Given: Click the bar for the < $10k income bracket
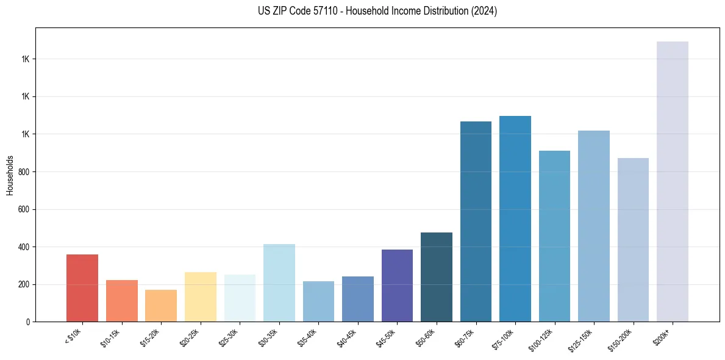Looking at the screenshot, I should (82, 288).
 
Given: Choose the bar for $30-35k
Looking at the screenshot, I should (279, 283).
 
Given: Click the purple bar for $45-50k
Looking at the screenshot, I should (397, 286).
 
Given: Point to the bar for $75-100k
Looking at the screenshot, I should (515, 218).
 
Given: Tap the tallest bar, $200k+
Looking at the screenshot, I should (673, 182).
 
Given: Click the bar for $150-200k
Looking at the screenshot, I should (633, 240).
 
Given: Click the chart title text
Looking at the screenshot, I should (377, 11).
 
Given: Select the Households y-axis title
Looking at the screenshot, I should (10, 175).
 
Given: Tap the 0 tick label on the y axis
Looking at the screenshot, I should (27, 322).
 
